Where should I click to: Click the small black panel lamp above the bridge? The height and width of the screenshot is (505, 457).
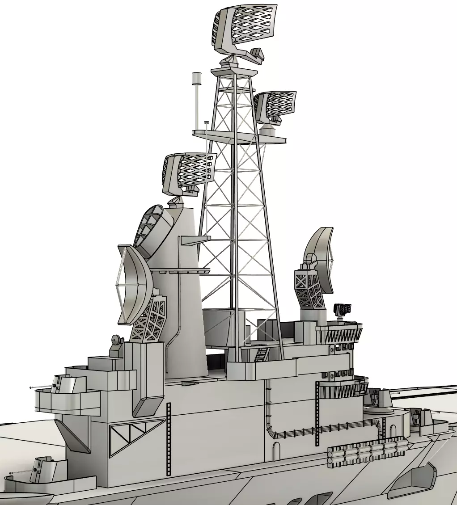click(x=343, y=308)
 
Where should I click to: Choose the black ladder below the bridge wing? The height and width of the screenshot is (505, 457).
click(x=317, y=413)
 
